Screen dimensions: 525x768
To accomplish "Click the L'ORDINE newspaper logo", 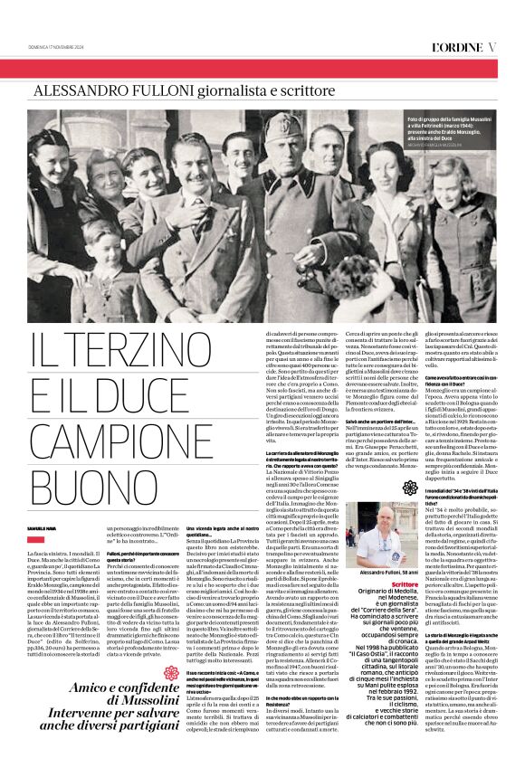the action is click(457, 46).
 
